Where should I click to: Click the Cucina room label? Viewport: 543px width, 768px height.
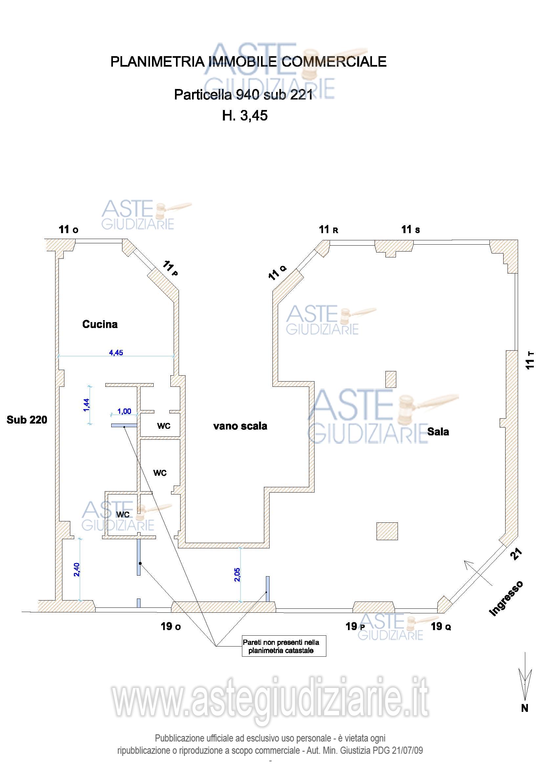coord(100,324)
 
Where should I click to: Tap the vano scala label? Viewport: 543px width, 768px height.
coord(240,426)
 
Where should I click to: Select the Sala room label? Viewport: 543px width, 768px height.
coord(438,431)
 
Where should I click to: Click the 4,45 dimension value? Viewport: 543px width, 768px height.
coord(116,353)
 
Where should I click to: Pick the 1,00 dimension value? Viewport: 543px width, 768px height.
coord(124,411)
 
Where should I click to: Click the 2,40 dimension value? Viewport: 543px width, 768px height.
coord(77,569)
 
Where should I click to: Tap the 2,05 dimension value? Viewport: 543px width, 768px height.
coord(237,575)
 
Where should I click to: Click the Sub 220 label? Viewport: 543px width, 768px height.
coord(27,420)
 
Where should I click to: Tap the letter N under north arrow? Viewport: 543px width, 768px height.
coord(525,708)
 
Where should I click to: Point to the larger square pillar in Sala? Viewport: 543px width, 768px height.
coord(387,531)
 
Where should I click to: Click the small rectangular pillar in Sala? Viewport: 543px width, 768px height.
coord(391,379)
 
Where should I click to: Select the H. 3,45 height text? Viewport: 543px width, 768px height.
coord(245,116)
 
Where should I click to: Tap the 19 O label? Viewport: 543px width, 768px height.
coord(171,626)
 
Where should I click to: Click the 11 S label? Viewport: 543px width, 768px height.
coord(411,230)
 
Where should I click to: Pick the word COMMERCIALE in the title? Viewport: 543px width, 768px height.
coord(334,62)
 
